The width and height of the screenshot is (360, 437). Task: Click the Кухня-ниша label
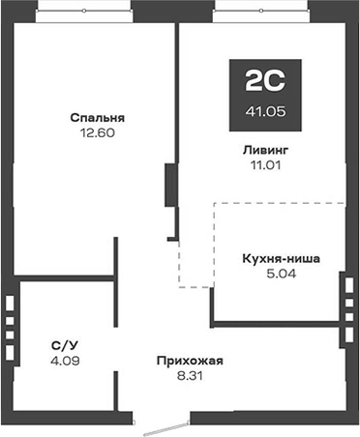(281, 258)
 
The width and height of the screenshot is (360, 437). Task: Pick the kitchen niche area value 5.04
(281, 274)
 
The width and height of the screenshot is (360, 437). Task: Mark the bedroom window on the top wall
(84, 12)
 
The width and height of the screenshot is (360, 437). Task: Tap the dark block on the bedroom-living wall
(170, 184)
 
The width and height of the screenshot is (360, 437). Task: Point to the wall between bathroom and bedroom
(68, 281)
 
